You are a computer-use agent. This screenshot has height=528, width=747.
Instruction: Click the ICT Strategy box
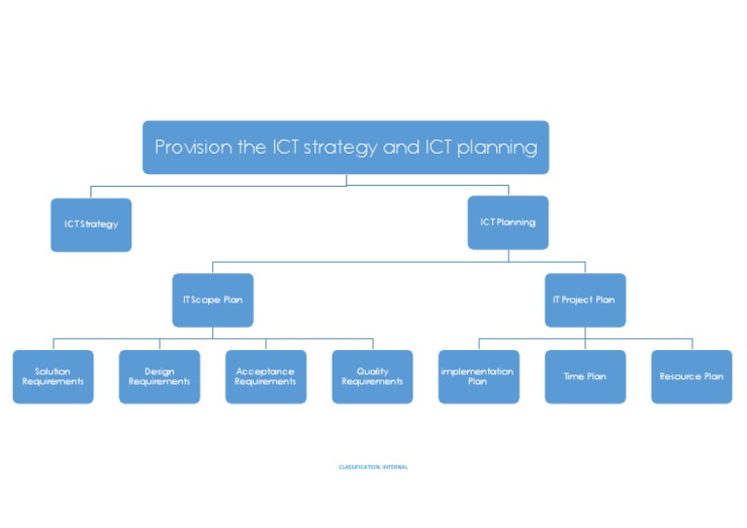coord(90,225)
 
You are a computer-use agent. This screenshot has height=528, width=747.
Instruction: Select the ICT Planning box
coord(508,223)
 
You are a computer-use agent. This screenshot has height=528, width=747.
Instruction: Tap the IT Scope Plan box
coord(212,299)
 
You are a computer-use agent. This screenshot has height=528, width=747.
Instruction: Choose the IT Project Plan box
coord(585,299)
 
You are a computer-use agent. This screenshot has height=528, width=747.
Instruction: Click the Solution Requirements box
coord(53,376)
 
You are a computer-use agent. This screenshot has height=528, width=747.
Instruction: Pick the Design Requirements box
coord(160,376)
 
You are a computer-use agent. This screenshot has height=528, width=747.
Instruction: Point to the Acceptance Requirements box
coord(266,376)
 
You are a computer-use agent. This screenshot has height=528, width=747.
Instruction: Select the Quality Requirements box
coord(373,376)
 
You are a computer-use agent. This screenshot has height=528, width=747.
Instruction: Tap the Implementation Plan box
coord(479,376)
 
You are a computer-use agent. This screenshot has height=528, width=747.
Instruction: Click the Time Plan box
coord(585,376)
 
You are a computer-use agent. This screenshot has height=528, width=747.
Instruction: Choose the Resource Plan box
coord(692,376)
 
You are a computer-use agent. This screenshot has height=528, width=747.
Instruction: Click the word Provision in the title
coord(193,148)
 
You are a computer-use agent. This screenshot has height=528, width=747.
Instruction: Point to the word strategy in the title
coord(351,148)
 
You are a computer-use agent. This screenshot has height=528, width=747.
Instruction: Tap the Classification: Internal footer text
coord(373,467)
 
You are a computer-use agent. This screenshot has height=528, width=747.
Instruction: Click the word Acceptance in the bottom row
coord(266,371)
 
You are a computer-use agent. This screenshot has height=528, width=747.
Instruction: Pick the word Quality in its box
coord(373,371)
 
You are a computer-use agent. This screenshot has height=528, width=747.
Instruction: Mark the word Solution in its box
coord(53,371)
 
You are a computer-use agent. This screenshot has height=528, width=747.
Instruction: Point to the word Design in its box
coord(160,371)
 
